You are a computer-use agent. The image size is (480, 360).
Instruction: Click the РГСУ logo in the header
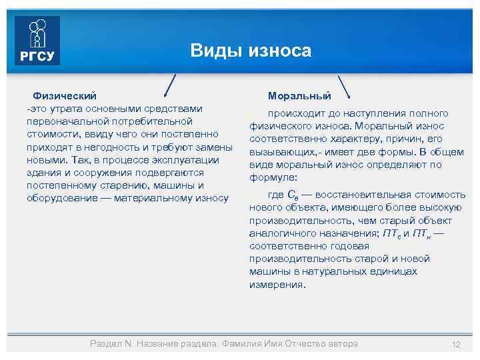[x=37, y=41]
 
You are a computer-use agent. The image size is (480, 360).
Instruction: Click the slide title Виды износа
[x=251, y=51]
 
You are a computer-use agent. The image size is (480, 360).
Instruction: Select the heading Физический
[x=65, y=96]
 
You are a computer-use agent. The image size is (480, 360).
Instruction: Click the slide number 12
[x=456, y=344]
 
